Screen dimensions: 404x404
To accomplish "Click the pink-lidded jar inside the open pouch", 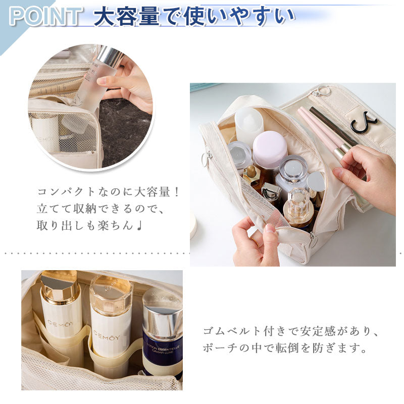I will [269, 149].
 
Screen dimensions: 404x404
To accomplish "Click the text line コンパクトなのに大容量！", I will [108, 192].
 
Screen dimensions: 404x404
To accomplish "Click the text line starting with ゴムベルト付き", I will [290, 332].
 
